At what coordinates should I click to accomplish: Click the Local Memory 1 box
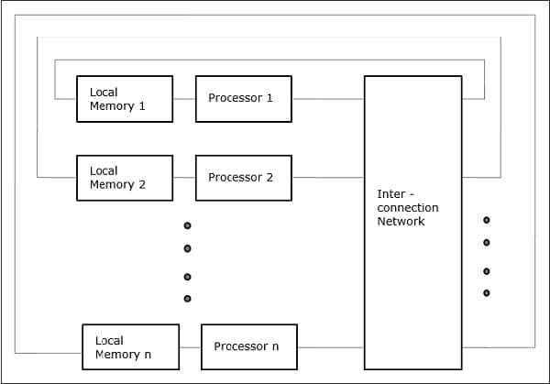tap(124, 99)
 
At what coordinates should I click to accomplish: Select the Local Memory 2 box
tap(124, 178)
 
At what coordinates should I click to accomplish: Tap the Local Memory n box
tap(129, 346)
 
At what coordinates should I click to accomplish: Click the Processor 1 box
tap(244, 99)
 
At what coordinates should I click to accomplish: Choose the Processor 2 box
tap(244, 178)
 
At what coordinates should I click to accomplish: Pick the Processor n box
tap(249, 346)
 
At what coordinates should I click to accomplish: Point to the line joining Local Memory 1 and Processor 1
tap(184, 99)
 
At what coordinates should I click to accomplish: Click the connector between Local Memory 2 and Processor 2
tap(184, 178)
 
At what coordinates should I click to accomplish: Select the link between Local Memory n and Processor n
tap(189, 347)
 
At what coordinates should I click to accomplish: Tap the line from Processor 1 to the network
tap(328, 99)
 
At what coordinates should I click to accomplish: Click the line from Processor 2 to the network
tap(328, 178)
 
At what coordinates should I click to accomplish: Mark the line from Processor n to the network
tap(331, 347)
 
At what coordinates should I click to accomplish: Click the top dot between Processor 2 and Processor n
tap(187, 225)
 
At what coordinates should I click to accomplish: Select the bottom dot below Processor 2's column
tap(187, 299)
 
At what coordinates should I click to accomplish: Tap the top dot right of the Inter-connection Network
tap(487, 220)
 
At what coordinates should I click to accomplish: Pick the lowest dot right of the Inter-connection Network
tap(487, 293)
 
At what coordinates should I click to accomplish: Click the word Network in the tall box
tap(401, 222)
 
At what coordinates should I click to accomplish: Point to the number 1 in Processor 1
tap(269, 98)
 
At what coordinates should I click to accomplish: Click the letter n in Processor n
tap(275, 346)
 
